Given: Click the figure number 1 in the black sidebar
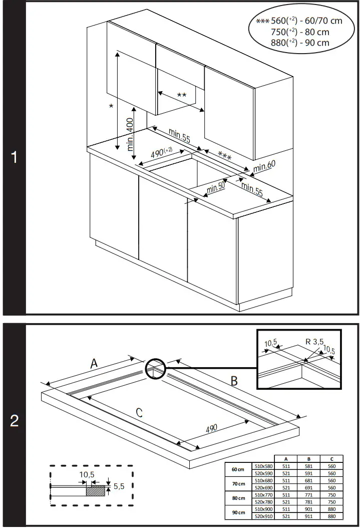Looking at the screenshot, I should click(x=14, y=157).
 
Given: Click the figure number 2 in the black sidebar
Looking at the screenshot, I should click(x=14, y=421).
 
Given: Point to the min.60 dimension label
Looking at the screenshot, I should click(x=264, y=166).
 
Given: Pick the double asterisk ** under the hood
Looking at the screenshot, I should click(x=181, y=95).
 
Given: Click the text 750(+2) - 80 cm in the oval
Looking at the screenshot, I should click(x=300, y=32).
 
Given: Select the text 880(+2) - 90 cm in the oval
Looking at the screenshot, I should click(x=300, y=43).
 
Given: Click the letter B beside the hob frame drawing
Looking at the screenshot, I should click(x=233, y=381).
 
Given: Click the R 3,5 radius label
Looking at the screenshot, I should click(x=314, y=342).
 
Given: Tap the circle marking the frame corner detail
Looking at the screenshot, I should click(x=155, y=370).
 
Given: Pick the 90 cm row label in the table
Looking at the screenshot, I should click(x=238, y=512).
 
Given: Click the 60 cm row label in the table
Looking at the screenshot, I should click(x=238, y=469).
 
